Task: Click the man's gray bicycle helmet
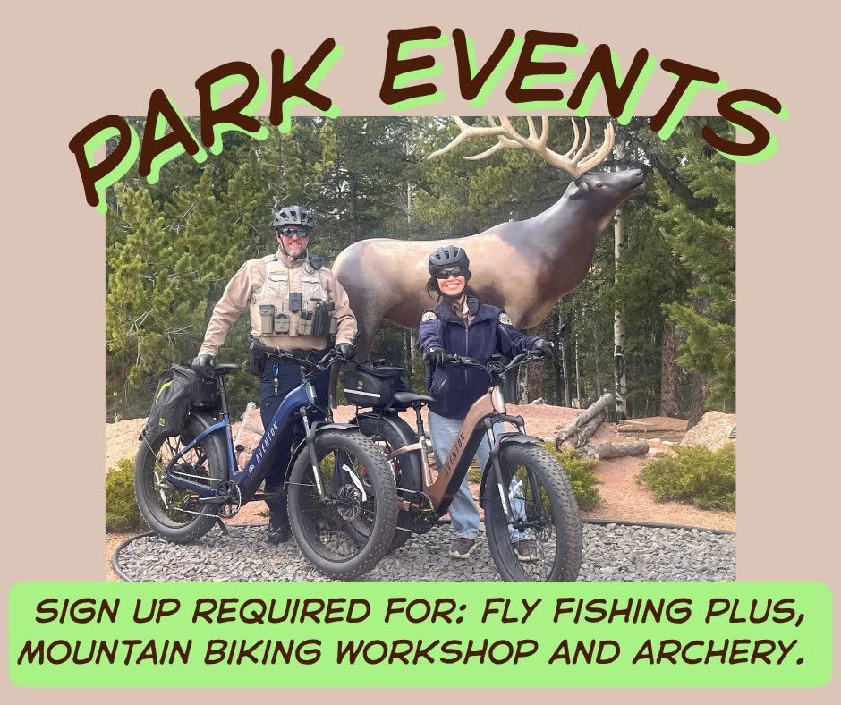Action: click(x=293, y=217)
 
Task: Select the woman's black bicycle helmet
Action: click(x=448, y=259)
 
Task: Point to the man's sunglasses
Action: click(x=294, y=233)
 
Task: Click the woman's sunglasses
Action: click(x=449, y=274)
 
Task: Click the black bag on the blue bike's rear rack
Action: click(x=174, y=397)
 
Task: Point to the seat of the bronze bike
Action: click(x=414, y=399)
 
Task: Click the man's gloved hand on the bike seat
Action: click(x=203, y=364)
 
